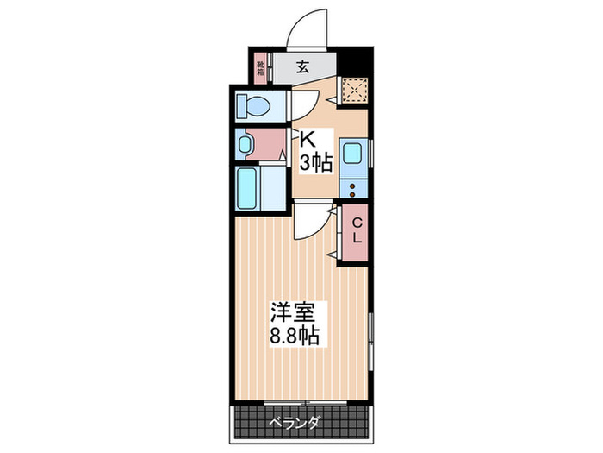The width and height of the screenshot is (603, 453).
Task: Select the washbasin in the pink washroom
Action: click(246, 143)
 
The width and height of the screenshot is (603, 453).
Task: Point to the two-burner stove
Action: click(353, 187)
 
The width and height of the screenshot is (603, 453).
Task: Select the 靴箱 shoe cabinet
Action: click(260, 65)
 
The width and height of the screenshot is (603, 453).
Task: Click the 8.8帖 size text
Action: click(294, 336)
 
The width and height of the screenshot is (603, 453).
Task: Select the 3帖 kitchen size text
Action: click(315, 160)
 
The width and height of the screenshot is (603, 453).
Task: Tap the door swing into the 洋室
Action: click(308, 223)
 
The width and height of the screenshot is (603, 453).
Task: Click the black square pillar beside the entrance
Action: click(353, 60)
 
